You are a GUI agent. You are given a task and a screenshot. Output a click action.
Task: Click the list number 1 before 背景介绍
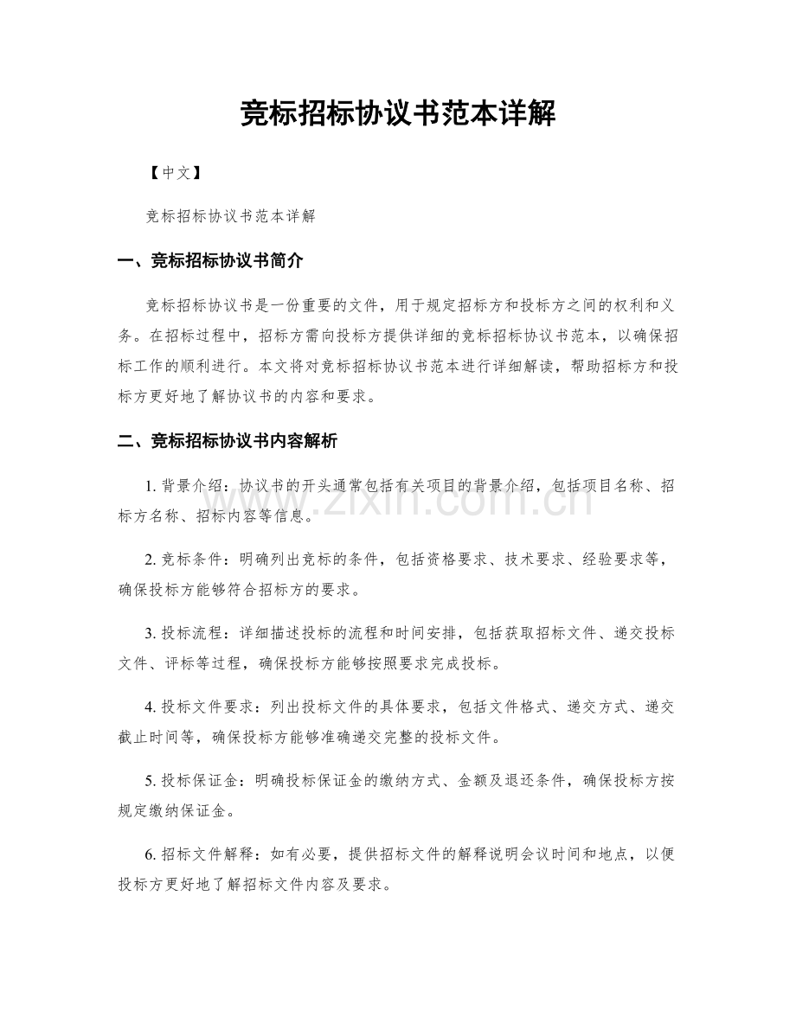(151, 486)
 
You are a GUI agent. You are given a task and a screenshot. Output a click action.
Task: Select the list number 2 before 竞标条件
(151, 560)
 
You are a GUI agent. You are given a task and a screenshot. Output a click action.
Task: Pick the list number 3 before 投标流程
(151, 633)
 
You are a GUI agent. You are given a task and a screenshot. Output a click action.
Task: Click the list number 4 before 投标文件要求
(151, 707)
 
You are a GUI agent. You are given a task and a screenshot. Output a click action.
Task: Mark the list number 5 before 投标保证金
(151, 780)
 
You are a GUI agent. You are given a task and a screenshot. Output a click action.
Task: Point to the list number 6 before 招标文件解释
(151, 854)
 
